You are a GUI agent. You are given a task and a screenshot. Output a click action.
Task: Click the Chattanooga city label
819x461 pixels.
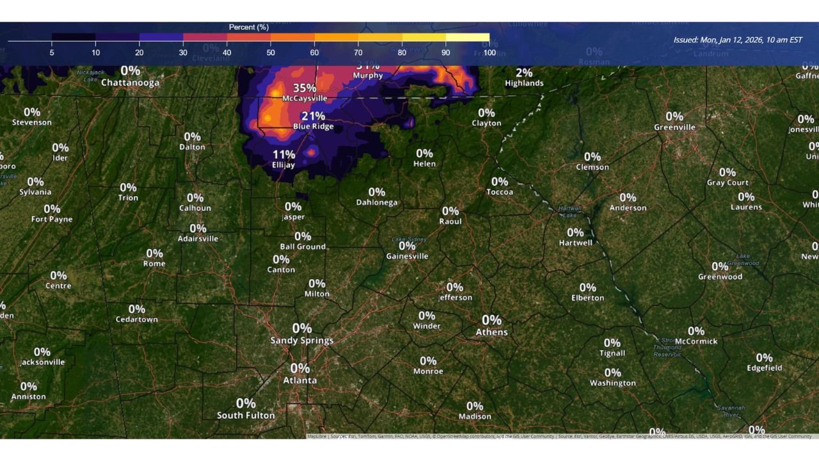pos(130,83)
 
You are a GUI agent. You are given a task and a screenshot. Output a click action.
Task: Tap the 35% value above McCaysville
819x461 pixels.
pos(305,88)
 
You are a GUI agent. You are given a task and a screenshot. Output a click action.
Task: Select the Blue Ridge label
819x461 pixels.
pos(314,127)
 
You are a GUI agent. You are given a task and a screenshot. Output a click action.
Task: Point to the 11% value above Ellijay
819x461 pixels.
pos(283,154)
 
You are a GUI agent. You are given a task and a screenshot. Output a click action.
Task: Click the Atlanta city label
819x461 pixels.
pos(300,380)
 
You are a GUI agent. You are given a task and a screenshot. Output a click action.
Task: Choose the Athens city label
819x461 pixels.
pos(491,332)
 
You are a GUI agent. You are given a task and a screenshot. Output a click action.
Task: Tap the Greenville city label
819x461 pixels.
pos(674,127)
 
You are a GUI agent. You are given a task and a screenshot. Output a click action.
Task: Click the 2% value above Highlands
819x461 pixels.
pos(524,73)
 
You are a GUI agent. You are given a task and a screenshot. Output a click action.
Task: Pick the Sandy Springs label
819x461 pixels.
pos(302,341)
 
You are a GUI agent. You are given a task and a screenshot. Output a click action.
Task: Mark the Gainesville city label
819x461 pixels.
pos(407,256)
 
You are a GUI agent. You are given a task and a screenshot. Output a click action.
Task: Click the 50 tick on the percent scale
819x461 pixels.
pos(271,53)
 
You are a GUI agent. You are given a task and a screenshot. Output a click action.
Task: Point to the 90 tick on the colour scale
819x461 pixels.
pos(445,53)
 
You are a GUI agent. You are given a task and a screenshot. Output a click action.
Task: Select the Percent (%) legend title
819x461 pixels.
pos(249,28)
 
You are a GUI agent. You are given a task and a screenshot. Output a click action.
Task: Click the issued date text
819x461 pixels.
pos(737,40)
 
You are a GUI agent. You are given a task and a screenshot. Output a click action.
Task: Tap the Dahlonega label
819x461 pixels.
pos(377,202)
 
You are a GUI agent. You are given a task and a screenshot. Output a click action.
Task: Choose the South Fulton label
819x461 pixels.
pos(246,416)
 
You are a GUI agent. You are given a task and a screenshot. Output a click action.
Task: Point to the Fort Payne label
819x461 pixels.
pos(52,219)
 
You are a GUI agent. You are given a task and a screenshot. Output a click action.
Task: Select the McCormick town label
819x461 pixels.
pos(696,341)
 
